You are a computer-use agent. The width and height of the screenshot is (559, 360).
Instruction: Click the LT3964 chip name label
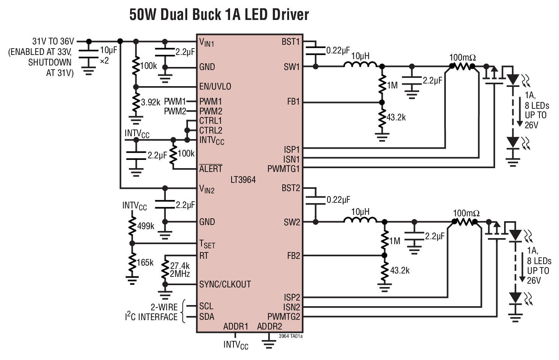click(243, 180)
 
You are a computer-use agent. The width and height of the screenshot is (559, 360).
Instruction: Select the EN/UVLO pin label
click(215, 87)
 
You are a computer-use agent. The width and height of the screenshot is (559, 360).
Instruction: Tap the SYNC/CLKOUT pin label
click(225, 284)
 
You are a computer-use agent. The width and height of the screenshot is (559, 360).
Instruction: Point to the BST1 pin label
click(291, 42)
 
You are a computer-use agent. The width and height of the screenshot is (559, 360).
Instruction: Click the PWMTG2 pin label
click(284, 317)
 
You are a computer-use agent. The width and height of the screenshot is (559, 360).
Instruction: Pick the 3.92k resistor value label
click(150, 102)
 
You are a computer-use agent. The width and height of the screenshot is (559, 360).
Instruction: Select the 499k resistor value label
click(145, 226)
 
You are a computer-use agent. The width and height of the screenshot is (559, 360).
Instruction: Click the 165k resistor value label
click(145, 263)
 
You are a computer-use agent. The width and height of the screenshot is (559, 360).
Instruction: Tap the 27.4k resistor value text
click(180, 266)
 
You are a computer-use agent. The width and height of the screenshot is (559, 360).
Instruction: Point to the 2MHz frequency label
click(180, 274)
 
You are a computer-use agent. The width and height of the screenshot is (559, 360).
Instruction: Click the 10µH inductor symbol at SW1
click(360, 65)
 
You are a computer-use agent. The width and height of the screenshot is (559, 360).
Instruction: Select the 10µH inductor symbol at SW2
click(360, 221)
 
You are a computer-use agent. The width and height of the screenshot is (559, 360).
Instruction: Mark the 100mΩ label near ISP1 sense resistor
click(463, 58)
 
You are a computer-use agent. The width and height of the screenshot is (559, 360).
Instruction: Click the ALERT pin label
click(211, 169)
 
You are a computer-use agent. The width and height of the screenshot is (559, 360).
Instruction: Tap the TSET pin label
click(207, 245)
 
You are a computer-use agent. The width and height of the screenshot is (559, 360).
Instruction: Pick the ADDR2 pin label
click(269, 326)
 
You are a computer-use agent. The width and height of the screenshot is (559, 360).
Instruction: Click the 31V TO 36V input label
click(53, 41)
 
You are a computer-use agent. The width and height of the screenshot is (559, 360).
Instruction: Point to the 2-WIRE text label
click(164, 307)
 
